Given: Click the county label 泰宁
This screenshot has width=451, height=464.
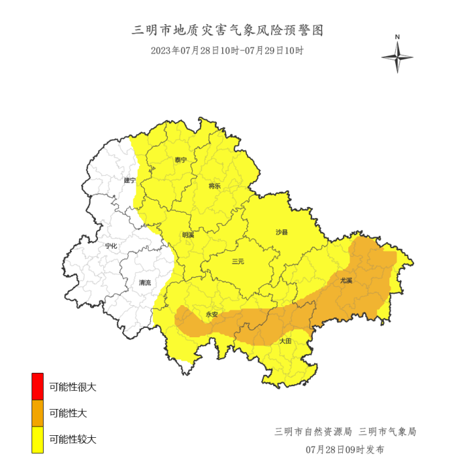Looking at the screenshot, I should [x=181, y=160].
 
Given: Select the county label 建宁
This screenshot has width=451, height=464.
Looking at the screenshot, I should [x=130, y=180].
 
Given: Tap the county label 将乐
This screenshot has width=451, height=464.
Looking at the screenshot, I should [x=215, y=186].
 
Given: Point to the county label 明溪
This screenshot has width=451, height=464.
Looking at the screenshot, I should [x=188, y=235].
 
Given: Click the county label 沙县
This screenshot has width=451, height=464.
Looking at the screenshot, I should [x=282, y=232].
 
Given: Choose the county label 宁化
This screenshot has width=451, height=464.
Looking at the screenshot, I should [x=111, y=246].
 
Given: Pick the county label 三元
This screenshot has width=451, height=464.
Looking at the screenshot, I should [x=238, y=262].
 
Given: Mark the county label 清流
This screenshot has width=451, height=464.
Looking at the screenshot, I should [x=145, y=282].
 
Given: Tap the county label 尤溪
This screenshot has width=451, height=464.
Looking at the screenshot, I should [x=346, y=280].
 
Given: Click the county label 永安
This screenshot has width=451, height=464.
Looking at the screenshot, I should [x=212, y=314].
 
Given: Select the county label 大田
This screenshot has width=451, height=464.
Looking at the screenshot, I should [x=285, y=341].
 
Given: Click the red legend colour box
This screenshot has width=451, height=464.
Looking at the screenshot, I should [x=38, y=387].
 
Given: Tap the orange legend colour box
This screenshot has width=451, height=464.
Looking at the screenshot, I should [x=38, y=413].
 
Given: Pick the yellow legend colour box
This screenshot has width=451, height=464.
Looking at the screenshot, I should [x=38, y=439].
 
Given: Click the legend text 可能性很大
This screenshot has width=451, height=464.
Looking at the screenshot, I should [x=72, y=387].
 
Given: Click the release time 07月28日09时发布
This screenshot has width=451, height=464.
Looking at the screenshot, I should [x=345, y=449].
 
